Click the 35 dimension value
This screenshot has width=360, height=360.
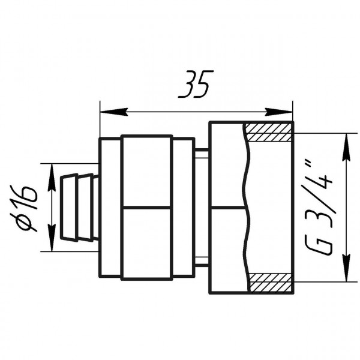tap(196, 84)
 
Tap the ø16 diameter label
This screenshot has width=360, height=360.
tap(23, 208)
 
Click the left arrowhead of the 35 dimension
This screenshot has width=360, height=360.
tap(114, 112)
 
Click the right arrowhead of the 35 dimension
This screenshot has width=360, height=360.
tap(279, 112)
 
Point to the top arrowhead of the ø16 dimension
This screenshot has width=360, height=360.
tap(52, 177)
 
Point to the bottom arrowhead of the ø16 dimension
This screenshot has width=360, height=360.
tap(52, 238)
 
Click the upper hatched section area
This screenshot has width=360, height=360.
tap(269, 133)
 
